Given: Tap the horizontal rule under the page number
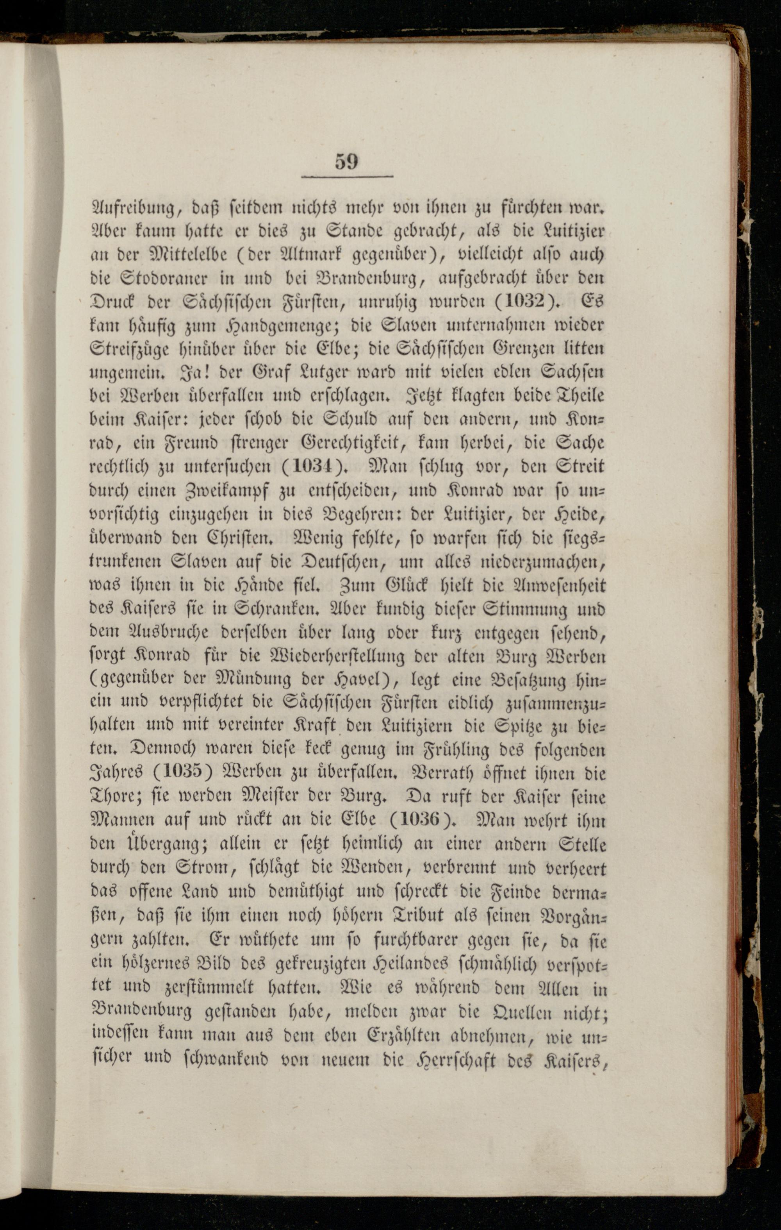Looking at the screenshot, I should [347, 177].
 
